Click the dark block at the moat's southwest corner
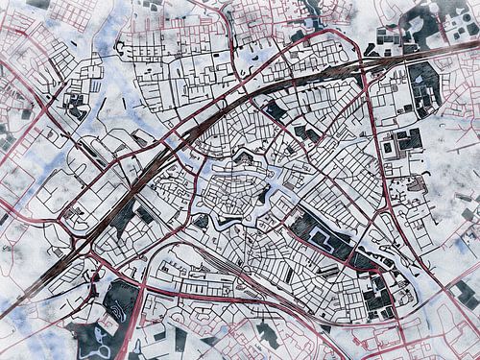click(x=202, y=222)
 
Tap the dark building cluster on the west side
click(x=73, y=105)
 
